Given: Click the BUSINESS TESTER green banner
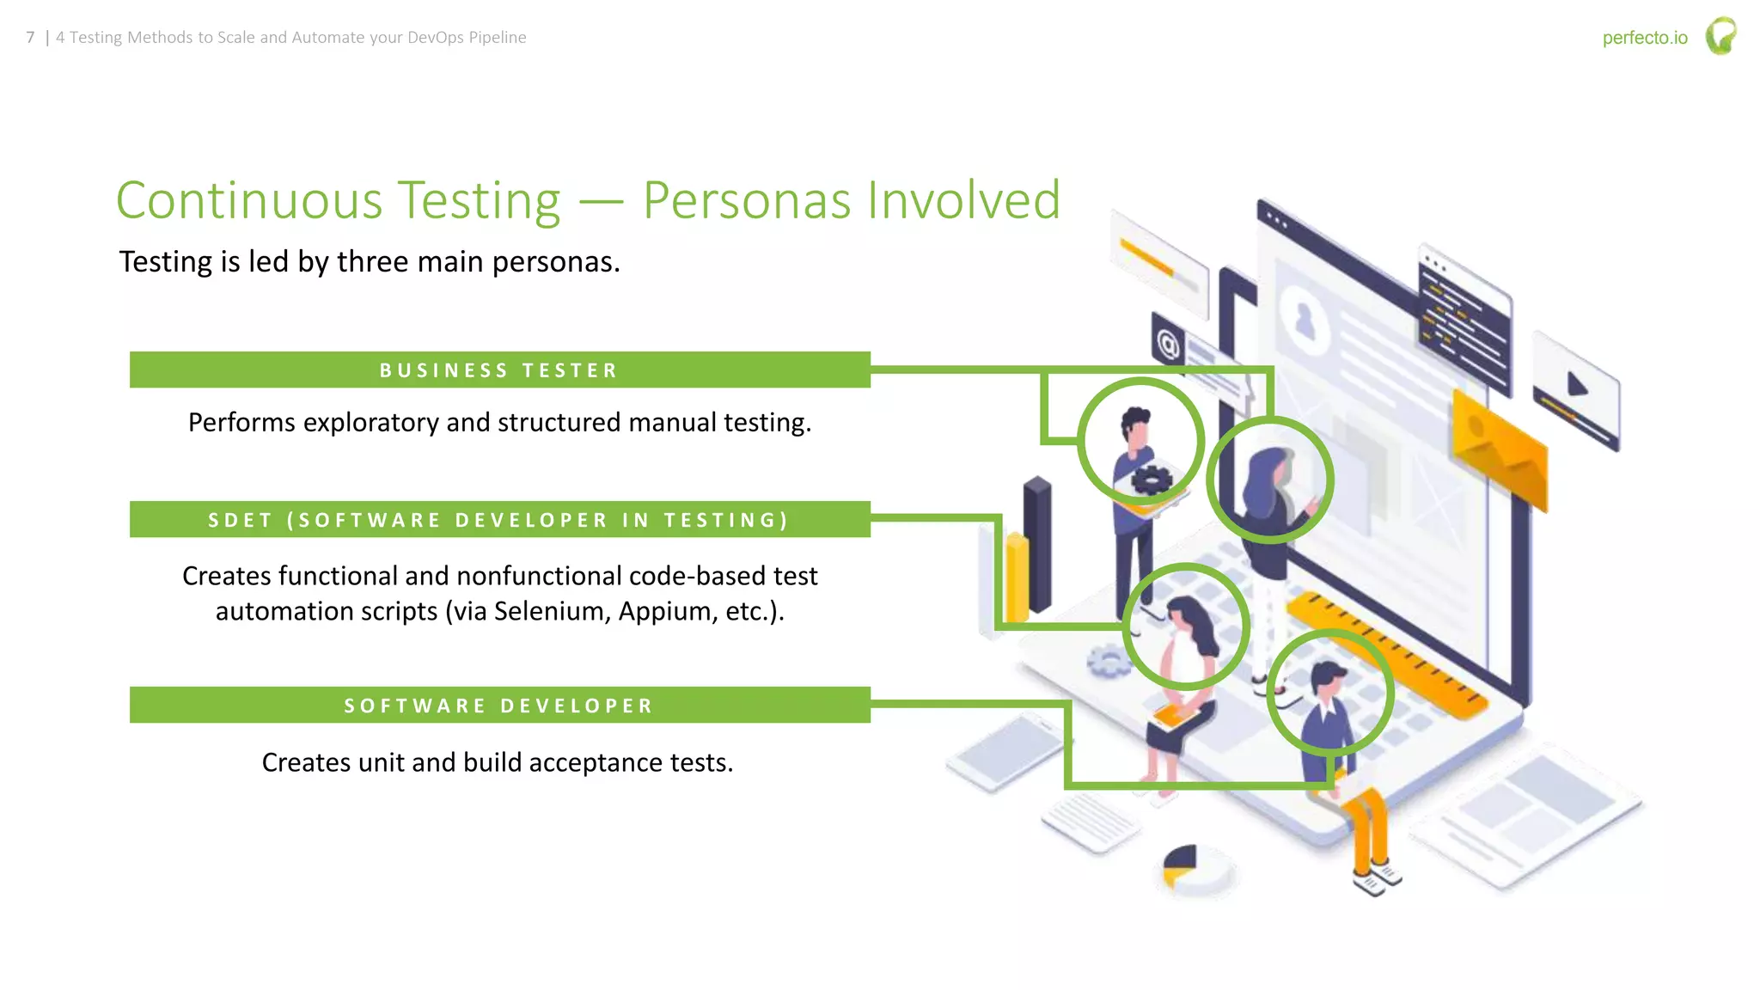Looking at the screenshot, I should point(499,370).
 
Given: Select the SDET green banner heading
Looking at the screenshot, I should point(499,520).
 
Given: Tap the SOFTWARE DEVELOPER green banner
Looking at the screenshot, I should point(499,706).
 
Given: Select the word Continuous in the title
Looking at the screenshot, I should point(249,201).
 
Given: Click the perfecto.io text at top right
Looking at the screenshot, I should point(1644,38).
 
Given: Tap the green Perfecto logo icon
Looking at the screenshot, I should point(1720,36).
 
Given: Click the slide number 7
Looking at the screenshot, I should point(31,38).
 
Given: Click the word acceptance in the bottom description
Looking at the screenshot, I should point(594,762).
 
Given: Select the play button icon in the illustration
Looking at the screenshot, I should point(1577,384).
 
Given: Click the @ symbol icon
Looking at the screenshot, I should point(1167,344).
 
